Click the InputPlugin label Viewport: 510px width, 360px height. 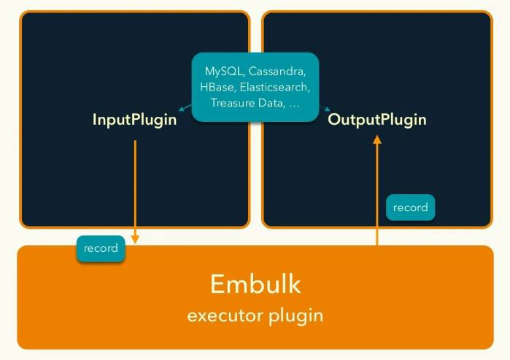tap(134, 119)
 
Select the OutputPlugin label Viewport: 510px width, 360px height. tap(377, 119)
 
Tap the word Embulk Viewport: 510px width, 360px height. tap(255, 283)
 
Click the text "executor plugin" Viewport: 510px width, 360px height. tap(255, 315)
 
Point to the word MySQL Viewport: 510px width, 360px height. tap(223, 72)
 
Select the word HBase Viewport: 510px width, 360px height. tap(216, 88)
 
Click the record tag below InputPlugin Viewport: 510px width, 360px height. tap(101, 248)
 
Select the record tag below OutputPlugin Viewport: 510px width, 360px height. tap(410, 207)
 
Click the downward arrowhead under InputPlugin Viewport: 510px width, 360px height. tap(135, 239)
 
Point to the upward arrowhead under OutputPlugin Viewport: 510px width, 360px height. tap(377, 141)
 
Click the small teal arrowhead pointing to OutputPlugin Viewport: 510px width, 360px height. tap(328, 111)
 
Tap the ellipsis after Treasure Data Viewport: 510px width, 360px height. tap(295, 104)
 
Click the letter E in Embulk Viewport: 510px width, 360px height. tap(217, 283)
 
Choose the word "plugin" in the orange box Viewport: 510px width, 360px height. tap(299, 316)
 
